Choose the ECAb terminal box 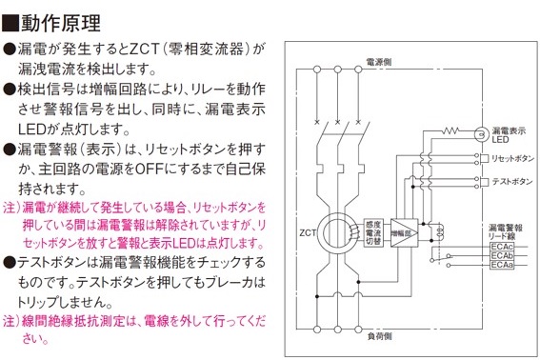[501, 256]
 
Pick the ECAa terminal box [501, 267]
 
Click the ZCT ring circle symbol [334, 230]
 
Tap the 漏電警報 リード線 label [501, 230]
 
